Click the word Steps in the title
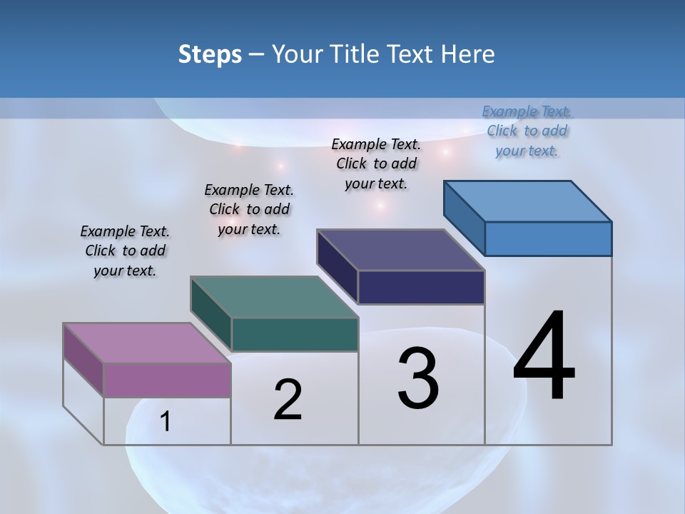pos(210,54)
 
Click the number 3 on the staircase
pos(417,378)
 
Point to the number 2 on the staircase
pos(288,400)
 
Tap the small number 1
pos(166,422)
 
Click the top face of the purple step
pos(147,343)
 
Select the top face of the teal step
pos(274,297)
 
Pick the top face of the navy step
pos(401,250)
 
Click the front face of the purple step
pos(167,380)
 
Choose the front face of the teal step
pos(295,334)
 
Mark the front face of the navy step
pos(421,287)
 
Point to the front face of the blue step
pos(548,238)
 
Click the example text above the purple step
pos(125,251)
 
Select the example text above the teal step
pos(249,209)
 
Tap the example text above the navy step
pos(376,163)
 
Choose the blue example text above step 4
pos(527,131)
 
